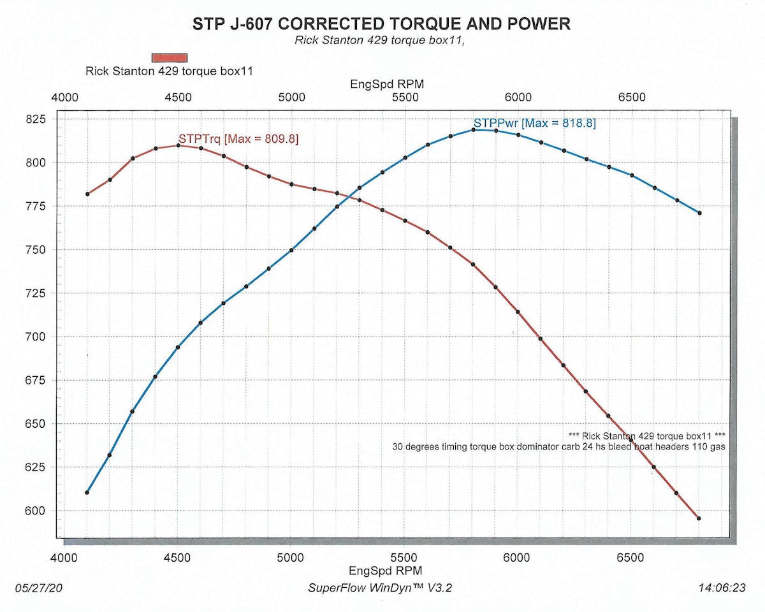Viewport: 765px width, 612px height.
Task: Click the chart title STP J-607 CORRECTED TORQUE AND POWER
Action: pyautogui.click(x=381, y=24)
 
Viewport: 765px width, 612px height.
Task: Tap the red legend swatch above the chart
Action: pyautogui.click(x=169, y=58)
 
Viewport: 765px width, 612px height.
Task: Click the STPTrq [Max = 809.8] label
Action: pyautogui.click(x=238, y=138)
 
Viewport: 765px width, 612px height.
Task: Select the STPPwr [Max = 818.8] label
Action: pyautogui.click(x=534, y=123)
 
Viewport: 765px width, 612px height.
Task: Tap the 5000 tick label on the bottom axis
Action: pyautogui.click(x=290, y=557)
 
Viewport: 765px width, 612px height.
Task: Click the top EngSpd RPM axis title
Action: pyautogui.click(x=387, y=84)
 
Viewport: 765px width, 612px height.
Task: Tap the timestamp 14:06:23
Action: pyautogui.click(x=721, y=588)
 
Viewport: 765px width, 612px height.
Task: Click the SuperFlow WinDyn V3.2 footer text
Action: pyautogui.click(x=380, y=588)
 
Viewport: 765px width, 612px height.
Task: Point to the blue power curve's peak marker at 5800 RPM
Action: pyautogui.click(x=473, y=129)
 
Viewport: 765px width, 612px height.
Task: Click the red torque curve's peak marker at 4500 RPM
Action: pyautogui.click(x=178, y=145)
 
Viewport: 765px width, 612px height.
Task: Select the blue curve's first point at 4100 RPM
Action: pyautogui.click(x=87, y=492)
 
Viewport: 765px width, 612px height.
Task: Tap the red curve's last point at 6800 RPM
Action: pyautogui.click(x=699, y=518)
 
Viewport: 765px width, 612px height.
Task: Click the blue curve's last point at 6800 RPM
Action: pyautogui.click(x=699, y=213)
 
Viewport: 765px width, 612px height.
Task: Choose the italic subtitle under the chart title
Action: pyautogui.click(x=381, y=40)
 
